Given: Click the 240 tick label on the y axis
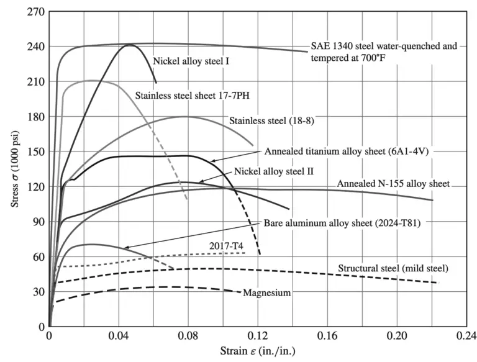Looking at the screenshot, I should coord(34,47).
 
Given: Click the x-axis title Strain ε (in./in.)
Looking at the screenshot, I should coord(258,351).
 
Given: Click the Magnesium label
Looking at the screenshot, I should coord(266,292).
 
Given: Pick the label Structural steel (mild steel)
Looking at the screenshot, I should coord(393,269).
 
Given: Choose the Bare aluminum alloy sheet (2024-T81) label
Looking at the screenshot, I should coord(342,222).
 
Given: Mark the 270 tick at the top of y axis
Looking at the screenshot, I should coord(34,11).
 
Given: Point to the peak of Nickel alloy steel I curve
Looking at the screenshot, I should coord(131,45).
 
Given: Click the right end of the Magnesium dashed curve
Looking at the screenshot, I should coord(240,292).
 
